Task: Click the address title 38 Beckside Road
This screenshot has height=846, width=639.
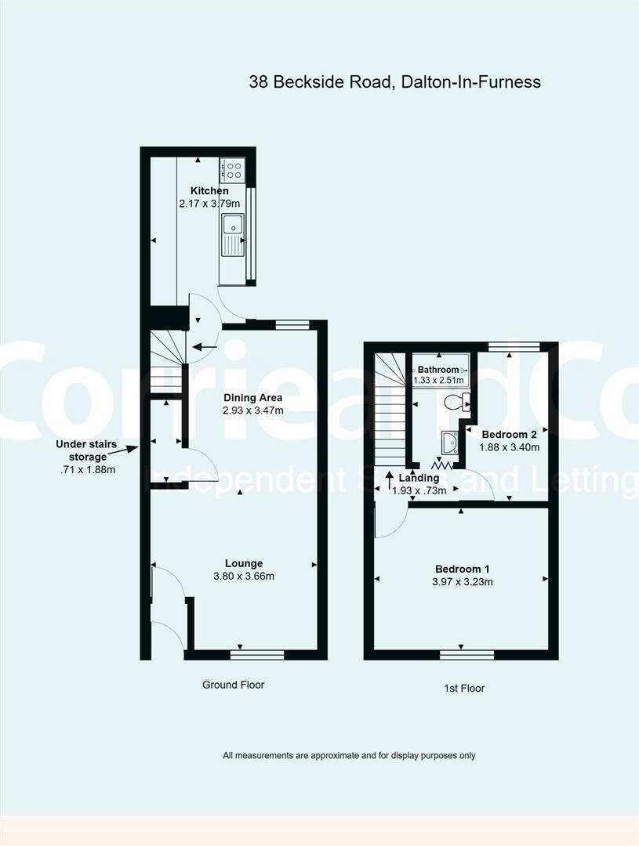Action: click(394, 81)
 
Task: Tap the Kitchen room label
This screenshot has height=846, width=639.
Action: click(209, 190)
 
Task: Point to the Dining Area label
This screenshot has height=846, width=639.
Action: click(252, 397)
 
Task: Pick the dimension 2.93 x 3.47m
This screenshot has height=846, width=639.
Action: click(252, 410)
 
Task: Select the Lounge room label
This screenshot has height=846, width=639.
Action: click(244, 563)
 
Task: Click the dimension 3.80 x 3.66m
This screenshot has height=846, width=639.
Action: click(244, 577)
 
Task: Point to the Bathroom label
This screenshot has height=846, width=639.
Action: click(437, 369)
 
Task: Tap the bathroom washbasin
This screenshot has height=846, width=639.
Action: click(450, 443)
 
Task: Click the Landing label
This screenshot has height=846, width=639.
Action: click(413, 478)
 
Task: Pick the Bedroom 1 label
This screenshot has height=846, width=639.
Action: click(463, 569)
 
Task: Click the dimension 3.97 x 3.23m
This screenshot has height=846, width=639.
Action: click(463, 582)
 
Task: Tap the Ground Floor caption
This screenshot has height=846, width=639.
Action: click(233, 685)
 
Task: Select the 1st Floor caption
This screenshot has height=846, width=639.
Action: click(463, 689)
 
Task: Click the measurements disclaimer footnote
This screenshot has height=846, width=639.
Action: click(349, 756)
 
